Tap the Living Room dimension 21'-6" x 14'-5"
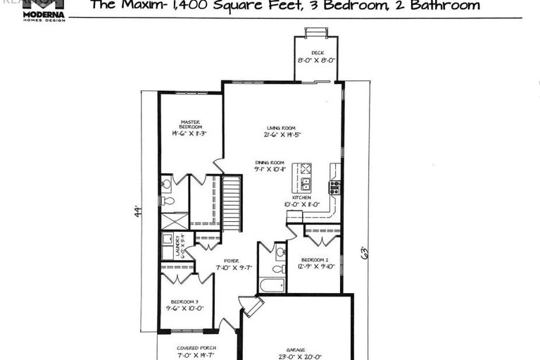tap(280, 135)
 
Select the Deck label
tap(318, 52)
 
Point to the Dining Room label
tap(270, 163)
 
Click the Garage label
tap(296, 349)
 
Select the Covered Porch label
tap(196, 348)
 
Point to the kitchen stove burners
tap(334, 187)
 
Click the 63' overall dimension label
tap(363, 252)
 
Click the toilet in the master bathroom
tap(167, 200)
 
